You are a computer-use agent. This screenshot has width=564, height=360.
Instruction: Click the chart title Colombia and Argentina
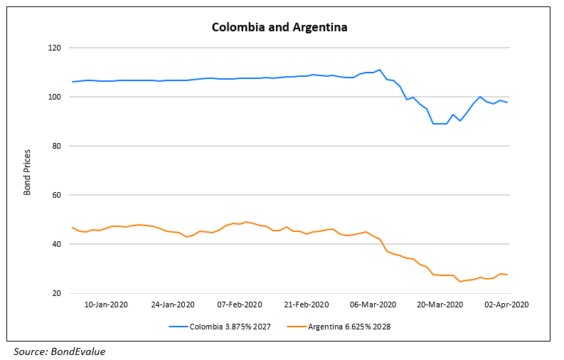coord(280,28)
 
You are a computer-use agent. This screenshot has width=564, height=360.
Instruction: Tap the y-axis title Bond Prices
coord(27,171)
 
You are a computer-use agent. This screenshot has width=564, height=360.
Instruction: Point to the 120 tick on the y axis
coord(55,48)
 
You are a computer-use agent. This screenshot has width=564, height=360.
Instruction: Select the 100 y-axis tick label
coord(55,97)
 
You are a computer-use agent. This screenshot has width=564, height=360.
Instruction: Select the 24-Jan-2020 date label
coord(174,305)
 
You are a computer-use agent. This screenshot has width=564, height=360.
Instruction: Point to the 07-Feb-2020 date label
coord(240,305)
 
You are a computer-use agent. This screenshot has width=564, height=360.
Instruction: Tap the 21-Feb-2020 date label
coord(307,305)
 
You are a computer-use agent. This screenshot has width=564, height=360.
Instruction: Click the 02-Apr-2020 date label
coord(506,305)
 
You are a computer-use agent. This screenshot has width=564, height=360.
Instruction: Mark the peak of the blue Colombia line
coord(380,70)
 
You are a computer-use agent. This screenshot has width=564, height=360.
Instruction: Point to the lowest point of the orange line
coord(460,282)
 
